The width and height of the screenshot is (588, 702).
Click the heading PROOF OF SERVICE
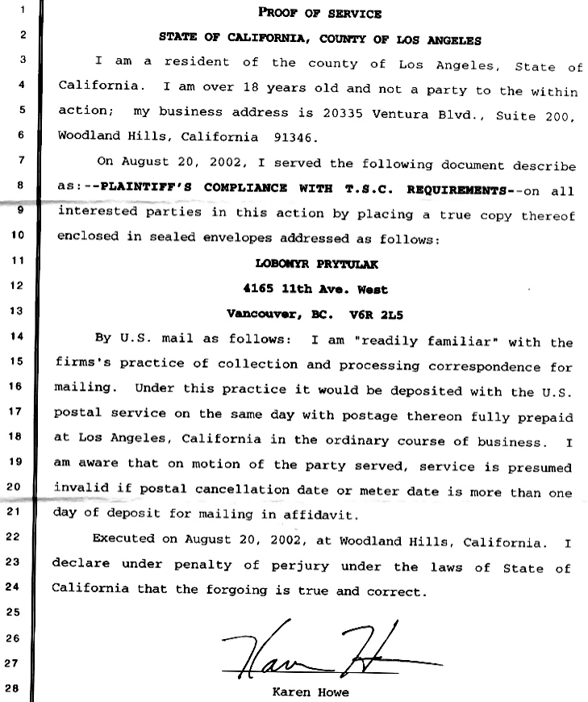tap(319, 13)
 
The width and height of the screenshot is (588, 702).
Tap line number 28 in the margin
tap(15, 689)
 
